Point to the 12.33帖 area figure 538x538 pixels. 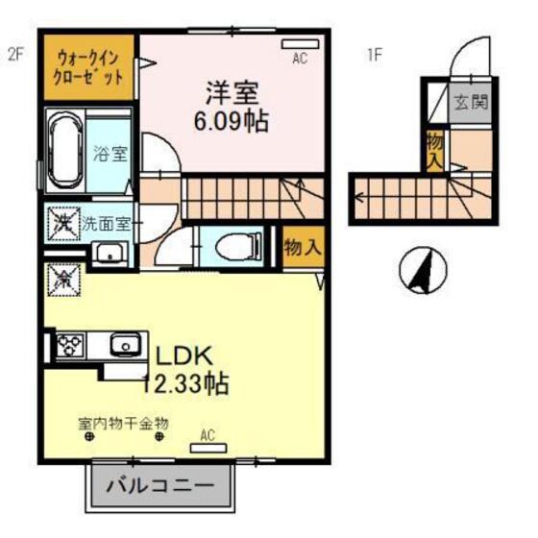(x=185, y=384)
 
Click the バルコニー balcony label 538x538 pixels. (x=161, y=486)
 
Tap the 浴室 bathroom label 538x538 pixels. (x=110, y=153)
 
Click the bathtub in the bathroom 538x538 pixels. (x=65, y=152)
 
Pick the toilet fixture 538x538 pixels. (x=234, y=246)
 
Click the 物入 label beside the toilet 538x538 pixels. (x=302, y=247)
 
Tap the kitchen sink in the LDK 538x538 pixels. (x=124, y=343)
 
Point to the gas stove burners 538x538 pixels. (x=70, y=343)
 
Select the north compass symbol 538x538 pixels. (x=422, y=270)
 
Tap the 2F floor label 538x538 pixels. (x=15, y=55)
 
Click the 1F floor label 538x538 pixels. (x=374, y=55)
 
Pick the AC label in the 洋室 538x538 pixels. (x=300, y=59)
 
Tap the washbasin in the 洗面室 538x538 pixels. (x=108, y=255)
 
